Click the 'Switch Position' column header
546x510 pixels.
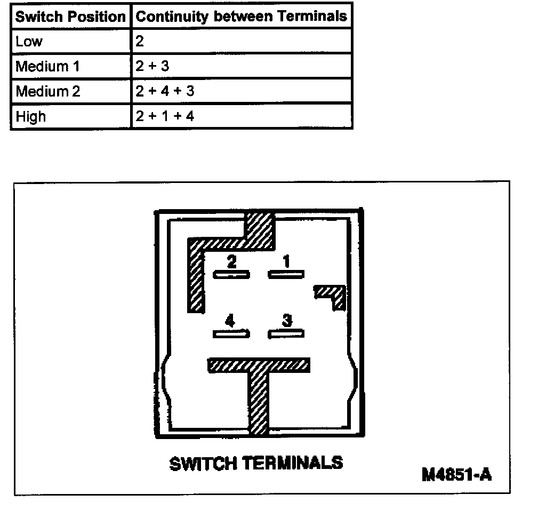point(70,17)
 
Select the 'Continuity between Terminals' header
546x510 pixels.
point(241,17)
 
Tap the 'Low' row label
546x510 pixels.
point(29,42)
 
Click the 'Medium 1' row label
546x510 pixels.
point(47,67)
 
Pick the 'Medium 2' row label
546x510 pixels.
point(48,91)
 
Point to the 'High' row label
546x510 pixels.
point(31,116)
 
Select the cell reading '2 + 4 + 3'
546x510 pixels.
point(165,91)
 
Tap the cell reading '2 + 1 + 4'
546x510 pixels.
point(165,116)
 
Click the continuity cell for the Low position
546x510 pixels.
point(140,42)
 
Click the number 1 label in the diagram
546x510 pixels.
point(287,261)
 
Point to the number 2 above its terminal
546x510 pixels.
point(231,261)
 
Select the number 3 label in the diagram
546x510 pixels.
point(287,321)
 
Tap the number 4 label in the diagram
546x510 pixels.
point(230,321)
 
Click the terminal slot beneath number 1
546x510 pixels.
point(286,274)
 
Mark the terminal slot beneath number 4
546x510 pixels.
point(231,334)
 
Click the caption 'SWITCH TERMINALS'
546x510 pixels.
point(256,463)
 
